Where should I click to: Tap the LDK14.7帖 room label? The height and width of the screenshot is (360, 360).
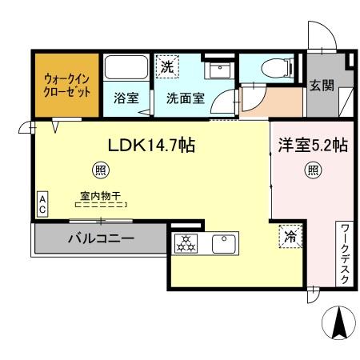coord(153,146)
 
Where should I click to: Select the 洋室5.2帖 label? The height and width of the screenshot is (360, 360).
coord(312,146)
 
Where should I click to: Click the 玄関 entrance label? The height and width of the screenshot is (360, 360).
coord(322,86)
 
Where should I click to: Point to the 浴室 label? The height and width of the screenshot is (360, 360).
coord(125,100)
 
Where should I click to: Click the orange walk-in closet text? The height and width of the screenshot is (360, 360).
coord(67,84)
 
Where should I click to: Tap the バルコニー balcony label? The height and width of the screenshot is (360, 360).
coord(100,238)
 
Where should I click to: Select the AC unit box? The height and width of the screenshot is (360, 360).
coord(42,203)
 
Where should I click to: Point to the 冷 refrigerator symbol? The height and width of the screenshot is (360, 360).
coord(289,237)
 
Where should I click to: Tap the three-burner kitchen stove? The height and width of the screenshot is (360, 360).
coord(184,242)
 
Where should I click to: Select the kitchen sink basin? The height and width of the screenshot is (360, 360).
coord(222,242)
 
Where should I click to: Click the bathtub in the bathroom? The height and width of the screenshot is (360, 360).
coord(125,67)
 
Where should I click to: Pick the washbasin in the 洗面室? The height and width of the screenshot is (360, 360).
coord(215,70)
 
